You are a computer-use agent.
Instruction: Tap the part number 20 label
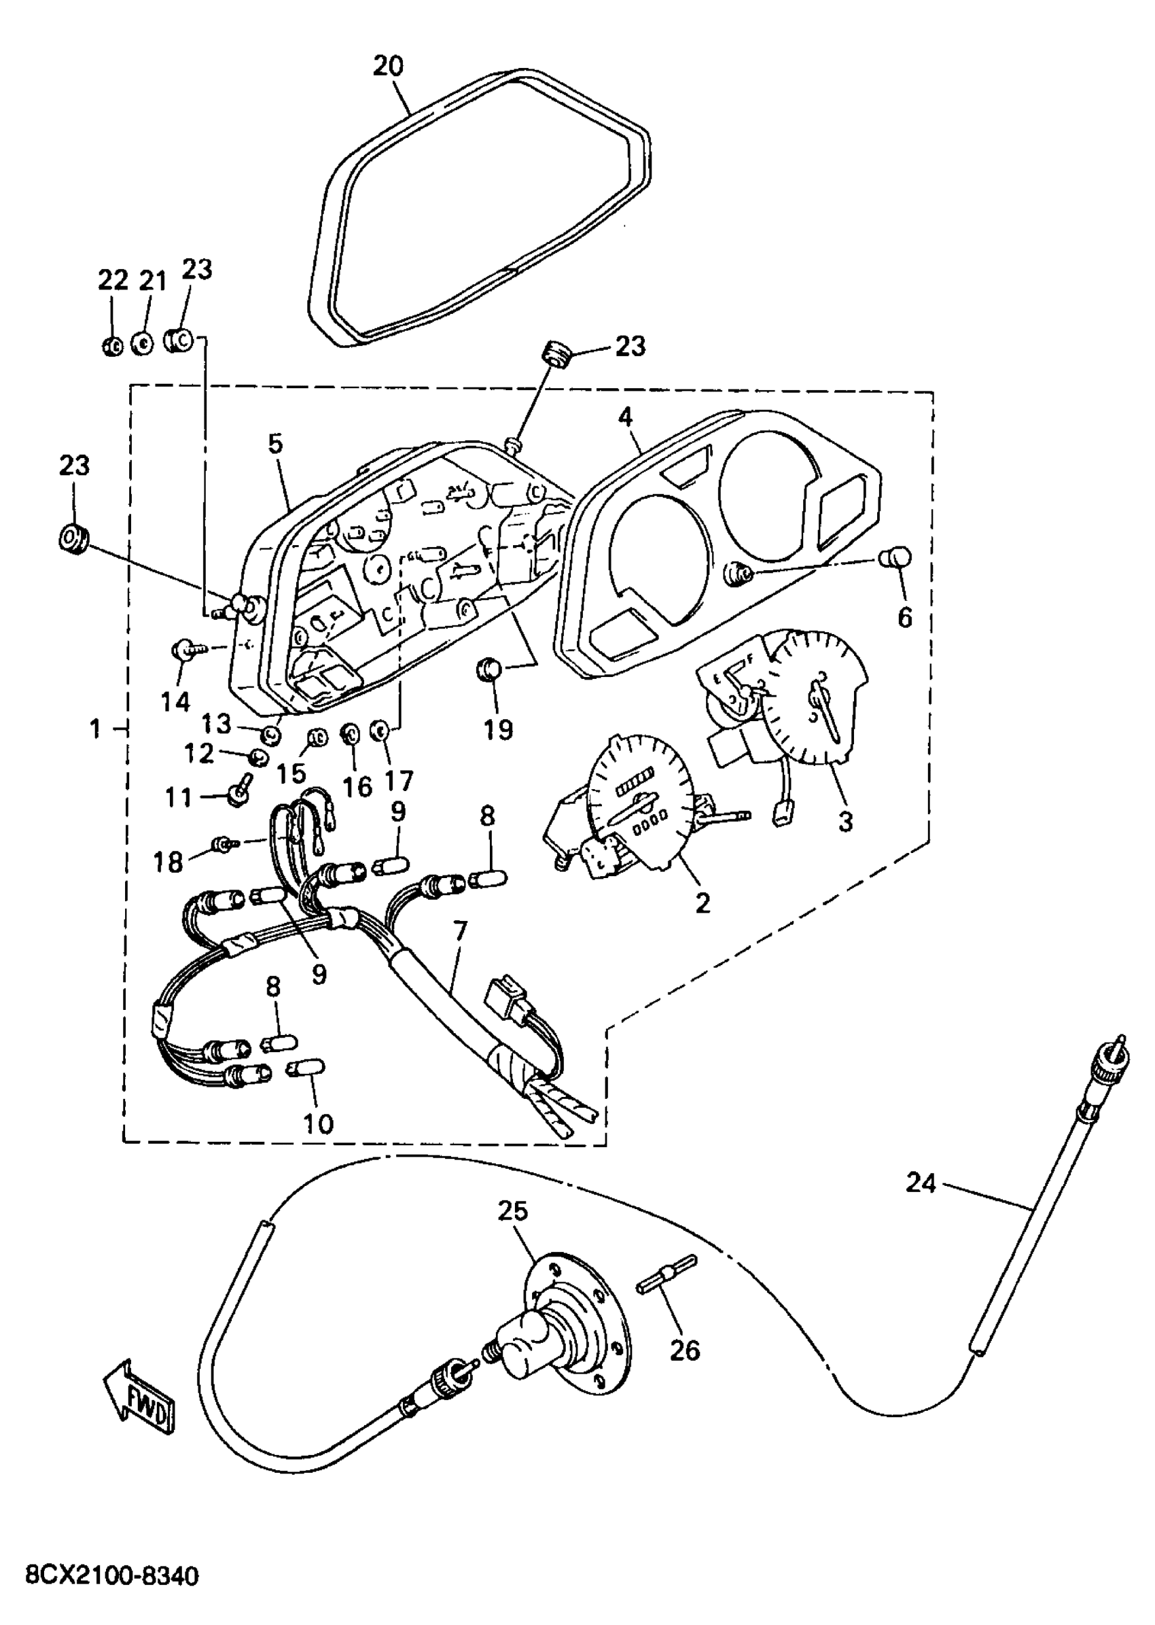click(x=388, y=66)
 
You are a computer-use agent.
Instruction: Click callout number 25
click(x=512, y=1211)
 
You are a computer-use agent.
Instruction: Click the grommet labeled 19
click(x=488, y=669)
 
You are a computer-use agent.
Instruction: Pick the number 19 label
click(x=498, y=729)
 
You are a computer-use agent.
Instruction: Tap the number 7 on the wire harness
click(x=459, y=930)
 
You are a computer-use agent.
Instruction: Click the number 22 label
click(x=112, y=281)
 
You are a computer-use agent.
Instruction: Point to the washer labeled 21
click(x=143, y=344)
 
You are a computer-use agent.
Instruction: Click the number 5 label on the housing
click(x=275, y=444)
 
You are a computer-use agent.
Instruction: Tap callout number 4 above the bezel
click(x=624, y=417)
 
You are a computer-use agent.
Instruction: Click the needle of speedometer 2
click(x=637, y=807)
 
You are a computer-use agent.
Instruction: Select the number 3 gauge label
click(x=845, y=822)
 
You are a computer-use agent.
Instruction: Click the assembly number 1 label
click(x=95, y=729)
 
